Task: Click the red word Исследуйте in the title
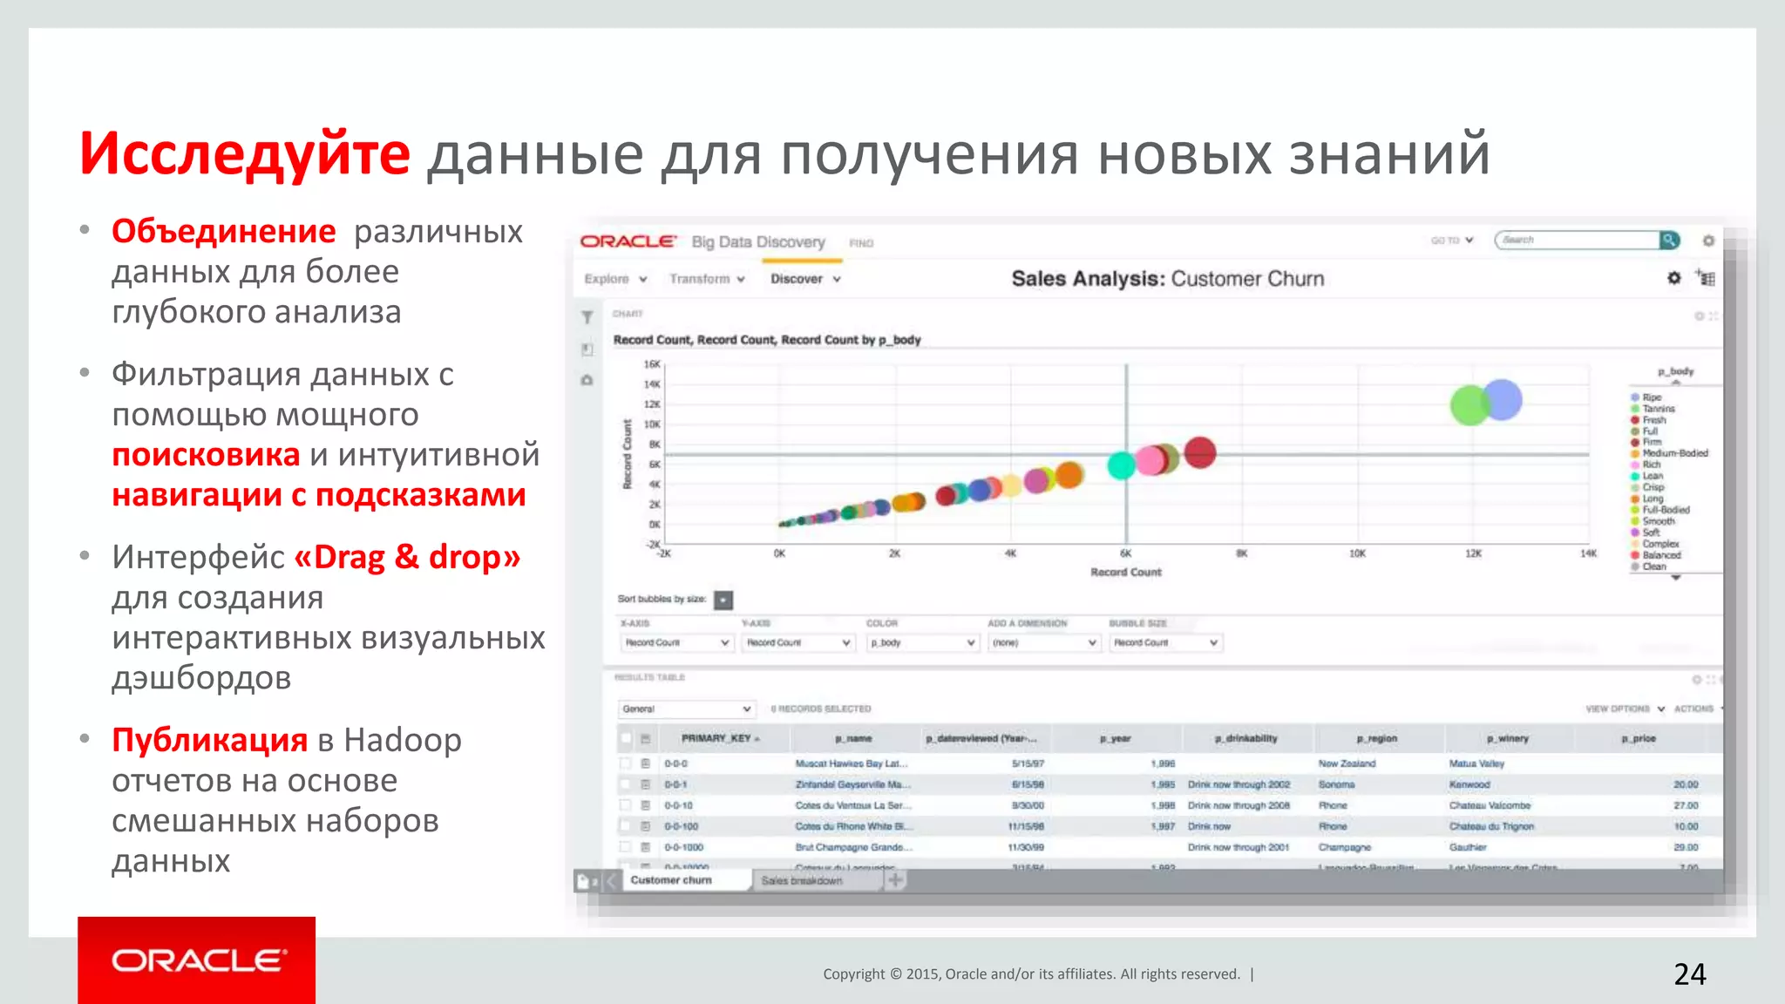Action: point(244,153)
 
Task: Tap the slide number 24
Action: point(1689,973)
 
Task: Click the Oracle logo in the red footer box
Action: point(197,960)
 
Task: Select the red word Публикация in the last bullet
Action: point(209,740)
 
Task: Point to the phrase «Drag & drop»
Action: point(407,557)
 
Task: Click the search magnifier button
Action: point(1669,240)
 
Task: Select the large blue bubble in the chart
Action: point(1503,400)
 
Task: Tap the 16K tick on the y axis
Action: point(652,364)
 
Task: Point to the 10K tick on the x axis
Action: point(1357,553)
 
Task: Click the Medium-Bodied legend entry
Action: point(1674,453)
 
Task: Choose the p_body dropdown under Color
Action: point(922,642)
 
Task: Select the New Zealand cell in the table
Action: point(1347,763)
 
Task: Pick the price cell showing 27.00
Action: point(1686,805)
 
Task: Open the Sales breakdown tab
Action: point(802,880)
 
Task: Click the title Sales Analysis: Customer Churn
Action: point(1167,279)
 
